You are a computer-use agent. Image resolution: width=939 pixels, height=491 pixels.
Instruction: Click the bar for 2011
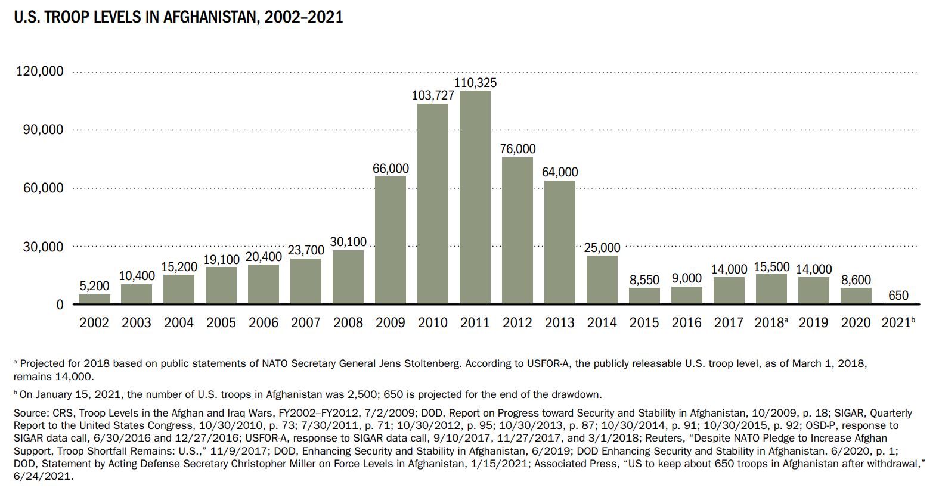click(475, 197)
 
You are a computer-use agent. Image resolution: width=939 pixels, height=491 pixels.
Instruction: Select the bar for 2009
click(391, 240)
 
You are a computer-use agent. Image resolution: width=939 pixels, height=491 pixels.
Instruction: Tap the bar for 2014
click(602, 279)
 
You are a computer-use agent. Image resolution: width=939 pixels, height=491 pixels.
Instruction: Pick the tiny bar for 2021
click(898, 303)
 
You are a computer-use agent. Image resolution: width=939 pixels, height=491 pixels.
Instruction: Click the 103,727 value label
click(433, 95)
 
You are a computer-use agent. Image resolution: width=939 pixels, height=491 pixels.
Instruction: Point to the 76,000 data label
click(517, 149)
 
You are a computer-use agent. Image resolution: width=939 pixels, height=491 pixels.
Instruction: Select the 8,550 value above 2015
click(644, 280)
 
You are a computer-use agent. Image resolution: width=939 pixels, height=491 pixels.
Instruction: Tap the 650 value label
click(898, 295)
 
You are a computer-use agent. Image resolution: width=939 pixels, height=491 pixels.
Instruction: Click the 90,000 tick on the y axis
click(43, 130)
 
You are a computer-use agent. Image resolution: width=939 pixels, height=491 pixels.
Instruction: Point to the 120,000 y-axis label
click(39, 72)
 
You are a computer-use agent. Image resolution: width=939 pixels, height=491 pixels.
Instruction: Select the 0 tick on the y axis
click(59, 304)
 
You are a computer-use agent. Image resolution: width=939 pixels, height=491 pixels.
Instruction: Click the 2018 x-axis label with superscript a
click(771, 323)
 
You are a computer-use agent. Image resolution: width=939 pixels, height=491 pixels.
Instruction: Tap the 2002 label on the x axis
click(94, 323)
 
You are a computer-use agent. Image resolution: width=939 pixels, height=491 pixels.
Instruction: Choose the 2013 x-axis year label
click(560, 323)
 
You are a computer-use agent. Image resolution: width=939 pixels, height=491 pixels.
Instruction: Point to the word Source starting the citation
click(29, 413)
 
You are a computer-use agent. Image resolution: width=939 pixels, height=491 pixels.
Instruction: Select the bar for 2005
click(221, 285)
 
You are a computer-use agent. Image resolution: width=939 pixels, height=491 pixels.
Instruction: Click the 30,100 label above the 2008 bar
click(348, 242)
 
